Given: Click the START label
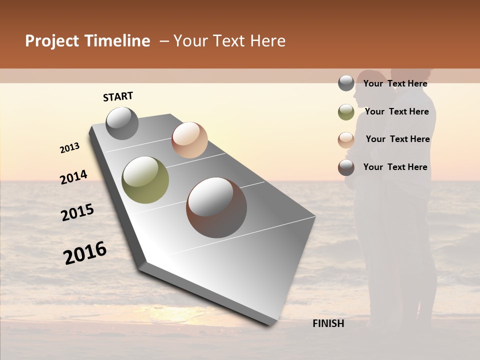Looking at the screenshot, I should pos(118,96).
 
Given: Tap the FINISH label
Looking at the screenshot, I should pos(328,323).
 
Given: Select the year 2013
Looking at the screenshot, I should pos(70,148).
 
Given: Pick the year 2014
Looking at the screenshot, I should pos(73,177).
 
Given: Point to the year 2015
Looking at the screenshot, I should pos(77,212).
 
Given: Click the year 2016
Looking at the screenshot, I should pos(85,252).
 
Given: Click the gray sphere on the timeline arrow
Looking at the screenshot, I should pos(122,123).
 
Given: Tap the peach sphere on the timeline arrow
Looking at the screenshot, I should pos(189,139).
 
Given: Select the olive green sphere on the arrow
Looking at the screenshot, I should pos(145,180).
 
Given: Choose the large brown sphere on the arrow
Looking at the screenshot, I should pos(216,207).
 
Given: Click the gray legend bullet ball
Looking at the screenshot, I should pos(346,83).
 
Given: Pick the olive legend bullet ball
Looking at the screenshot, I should pos(346,112).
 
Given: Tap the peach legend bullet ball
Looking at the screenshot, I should pos(346,139).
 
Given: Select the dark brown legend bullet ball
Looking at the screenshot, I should pos(346,167).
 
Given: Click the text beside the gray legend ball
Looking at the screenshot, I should pos(395,83).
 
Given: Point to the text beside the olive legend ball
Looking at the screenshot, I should pos(396,111).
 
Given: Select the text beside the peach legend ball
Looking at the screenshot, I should pos(397,139).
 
